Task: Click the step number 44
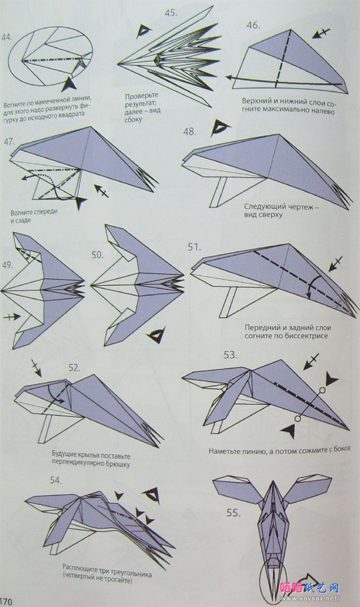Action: point(7,38)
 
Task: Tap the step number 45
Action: point(171,13)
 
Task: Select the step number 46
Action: point(253,26)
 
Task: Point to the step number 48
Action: point(189,132)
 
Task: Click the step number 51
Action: point(194,247)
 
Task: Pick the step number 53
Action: point(231,355)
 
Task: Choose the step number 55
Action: point(233,512)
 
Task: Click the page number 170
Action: point(6,602)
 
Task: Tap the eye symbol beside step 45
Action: point(144,32)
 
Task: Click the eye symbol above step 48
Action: point(219,128)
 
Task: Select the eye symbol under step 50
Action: point(157,335)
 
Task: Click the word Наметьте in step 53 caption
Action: point(224,451)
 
